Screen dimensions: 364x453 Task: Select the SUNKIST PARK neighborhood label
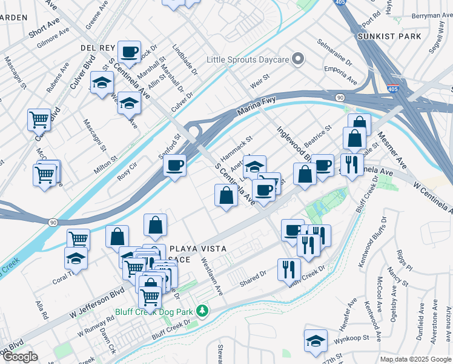(397, 36)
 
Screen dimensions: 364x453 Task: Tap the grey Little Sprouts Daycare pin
(297, 59)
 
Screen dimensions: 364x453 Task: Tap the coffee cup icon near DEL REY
(128, 52)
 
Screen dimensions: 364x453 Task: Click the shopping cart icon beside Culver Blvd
(39, 120)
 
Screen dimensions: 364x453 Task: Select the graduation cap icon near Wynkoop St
(316, 341)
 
